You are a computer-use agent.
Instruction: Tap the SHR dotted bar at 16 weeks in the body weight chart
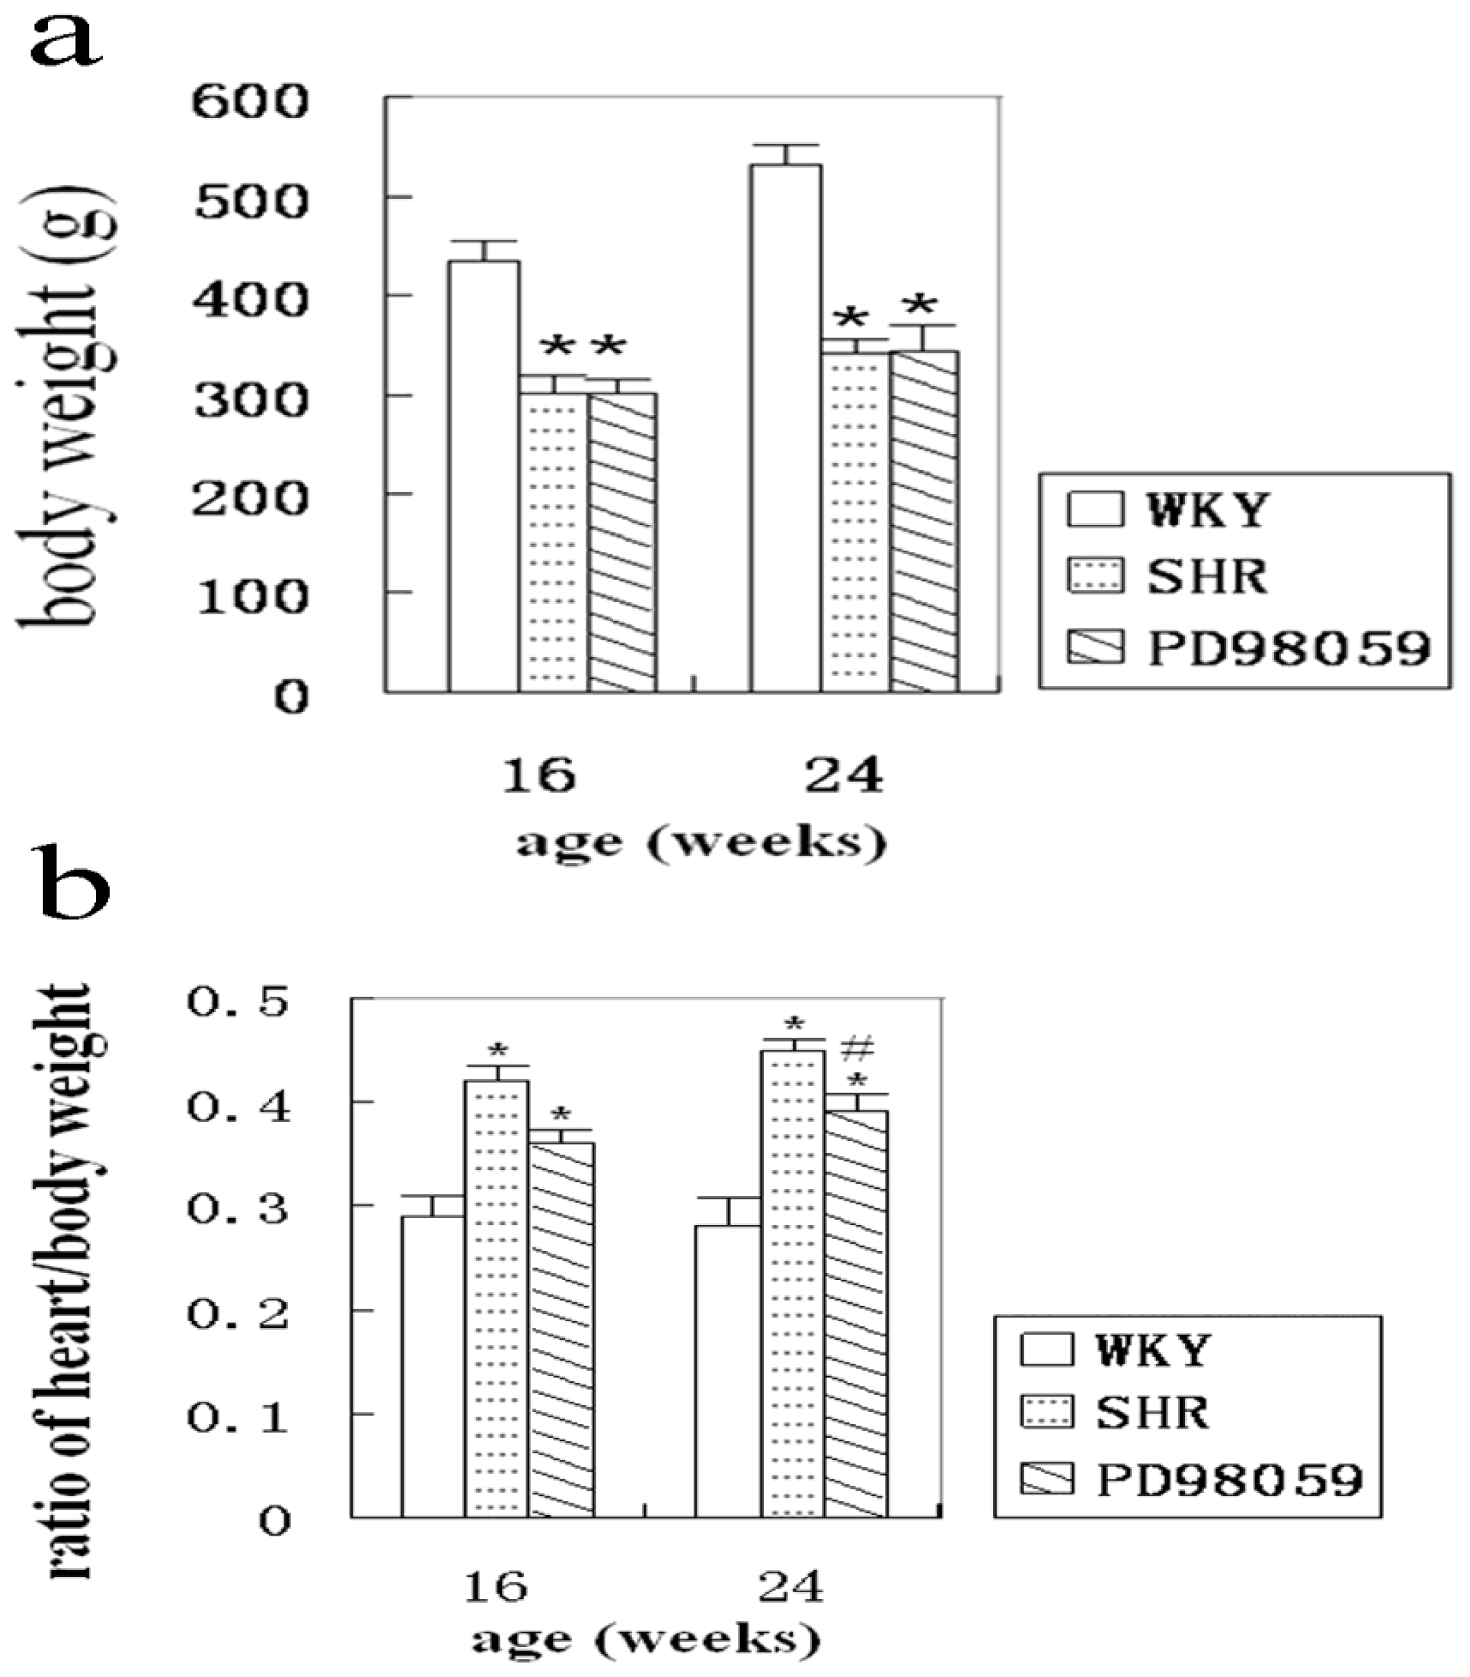point(553,542)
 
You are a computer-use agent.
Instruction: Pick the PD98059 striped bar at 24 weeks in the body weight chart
point(924,521)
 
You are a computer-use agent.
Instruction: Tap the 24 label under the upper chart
point(843,775)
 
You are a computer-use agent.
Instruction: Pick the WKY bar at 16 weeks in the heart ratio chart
point(432,1366)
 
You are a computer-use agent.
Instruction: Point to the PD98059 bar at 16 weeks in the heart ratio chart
point(561,1329)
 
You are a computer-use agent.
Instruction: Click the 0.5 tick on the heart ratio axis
point(238,1003)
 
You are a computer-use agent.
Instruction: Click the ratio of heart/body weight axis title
point(70,1280)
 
